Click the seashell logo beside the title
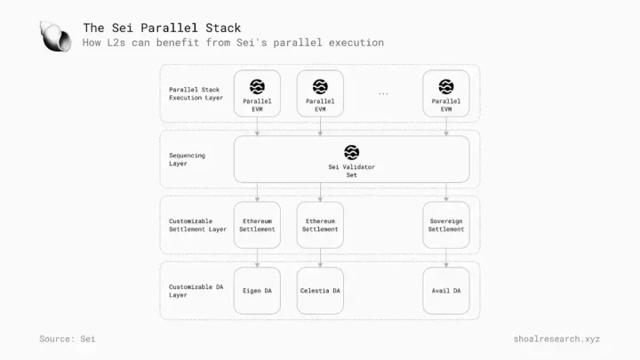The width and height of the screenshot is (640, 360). (x=55, y=36)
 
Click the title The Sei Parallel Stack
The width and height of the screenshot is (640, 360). (x=162, y=28)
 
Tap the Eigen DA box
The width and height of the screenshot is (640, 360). (x=257, y=291)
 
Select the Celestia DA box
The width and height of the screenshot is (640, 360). (x=320, y=291)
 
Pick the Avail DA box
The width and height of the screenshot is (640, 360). (x=446, y=291)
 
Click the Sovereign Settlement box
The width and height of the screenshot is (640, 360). (x=446, y=225)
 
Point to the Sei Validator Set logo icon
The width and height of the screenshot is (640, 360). (x=351, y=152)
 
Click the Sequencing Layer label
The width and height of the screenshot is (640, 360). (x=187, y=159)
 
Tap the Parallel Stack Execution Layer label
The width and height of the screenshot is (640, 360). (x=196, y=93)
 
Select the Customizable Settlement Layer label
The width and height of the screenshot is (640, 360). (x=197, y=225)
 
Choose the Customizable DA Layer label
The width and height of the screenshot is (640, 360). (x=196, y=291)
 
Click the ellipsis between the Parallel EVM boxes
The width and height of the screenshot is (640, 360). (x=383, y=94)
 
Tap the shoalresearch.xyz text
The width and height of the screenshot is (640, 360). (x=556, y=339)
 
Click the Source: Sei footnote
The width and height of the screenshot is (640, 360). (x=68, y=339)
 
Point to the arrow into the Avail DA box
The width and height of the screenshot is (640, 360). (x=446, y=258)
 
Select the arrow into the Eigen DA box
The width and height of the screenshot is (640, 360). (x=257, y=258)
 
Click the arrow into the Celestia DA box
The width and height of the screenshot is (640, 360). (x=320, y=258)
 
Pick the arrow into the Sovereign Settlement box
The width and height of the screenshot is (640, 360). (x=446, y=192)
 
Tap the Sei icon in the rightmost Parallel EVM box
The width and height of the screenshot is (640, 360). (x=446, y=86)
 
